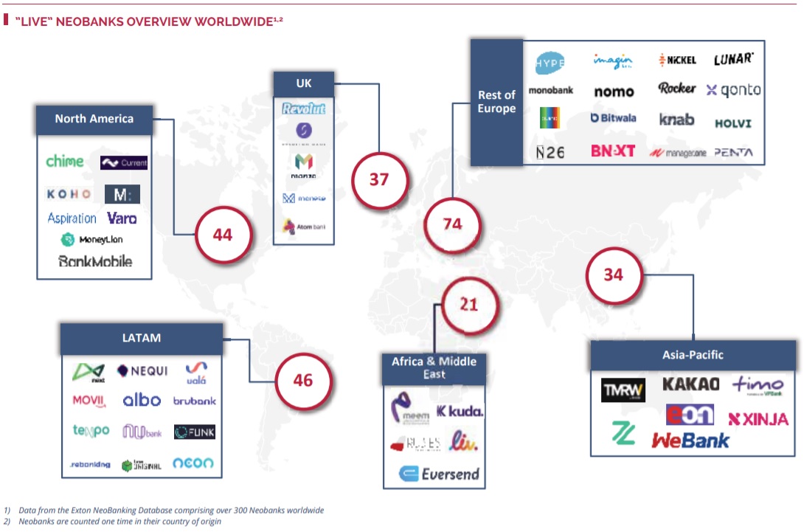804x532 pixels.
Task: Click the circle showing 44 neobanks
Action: (223, 235)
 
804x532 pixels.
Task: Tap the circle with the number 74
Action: (453, 224)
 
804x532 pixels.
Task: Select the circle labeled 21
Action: (469, 304)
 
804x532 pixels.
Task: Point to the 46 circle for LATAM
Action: (303, 380)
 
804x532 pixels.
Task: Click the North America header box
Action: (94, 119)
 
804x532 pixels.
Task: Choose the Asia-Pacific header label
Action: (693, 355)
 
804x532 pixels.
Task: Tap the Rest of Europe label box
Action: (496, 102)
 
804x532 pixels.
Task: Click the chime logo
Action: (65, 162)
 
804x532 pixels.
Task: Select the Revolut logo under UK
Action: (304, 109)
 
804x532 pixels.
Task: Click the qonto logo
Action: (733, 90)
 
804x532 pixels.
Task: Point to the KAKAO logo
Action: (690, 384)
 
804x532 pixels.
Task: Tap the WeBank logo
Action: (690, 441)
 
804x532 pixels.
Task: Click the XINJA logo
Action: (758, 419)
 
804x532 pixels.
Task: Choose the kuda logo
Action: (460, 411)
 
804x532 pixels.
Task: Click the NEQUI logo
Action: (142, 370)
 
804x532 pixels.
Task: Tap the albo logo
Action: (142, 400)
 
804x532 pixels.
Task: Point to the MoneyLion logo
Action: (91, 240)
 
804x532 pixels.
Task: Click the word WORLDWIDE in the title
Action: (233, 21)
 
